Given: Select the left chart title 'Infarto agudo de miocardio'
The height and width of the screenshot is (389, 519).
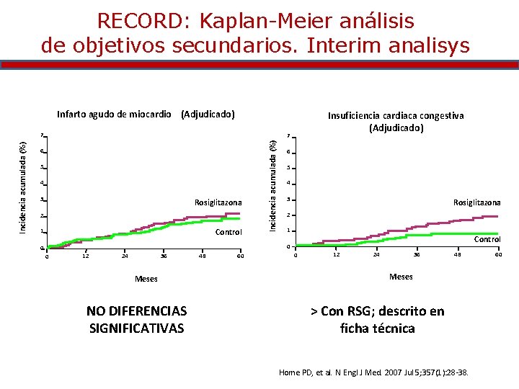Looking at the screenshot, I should [114, 114].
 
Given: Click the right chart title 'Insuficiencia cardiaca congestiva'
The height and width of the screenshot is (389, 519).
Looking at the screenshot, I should [396, 115].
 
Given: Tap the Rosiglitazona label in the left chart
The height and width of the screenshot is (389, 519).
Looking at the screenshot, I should [218, 202].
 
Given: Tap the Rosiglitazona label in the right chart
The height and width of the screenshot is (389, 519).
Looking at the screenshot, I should [476, 202].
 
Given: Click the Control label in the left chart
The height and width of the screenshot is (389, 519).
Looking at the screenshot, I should [229, 232].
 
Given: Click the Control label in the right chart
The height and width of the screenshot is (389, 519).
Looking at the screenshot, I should [487, 239].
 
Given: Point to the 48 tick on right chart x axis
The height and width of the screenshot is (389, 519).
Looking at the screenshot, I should [456, 254].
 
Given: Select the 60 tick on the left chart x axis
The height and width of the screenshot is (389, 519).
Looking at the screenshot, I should [240, 256].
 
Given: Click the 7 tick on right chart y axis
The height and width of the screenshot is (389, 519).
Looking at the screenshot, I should [288, 136].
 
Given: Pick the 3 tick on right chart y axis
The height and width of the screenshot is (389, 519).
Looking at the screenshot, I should [288, 200].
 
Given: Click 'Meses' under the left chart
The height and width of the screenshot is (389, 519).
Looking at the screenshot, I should [146, 279].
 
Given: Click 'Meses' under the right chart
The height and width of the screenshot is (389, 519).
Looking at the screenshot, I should [401, 277].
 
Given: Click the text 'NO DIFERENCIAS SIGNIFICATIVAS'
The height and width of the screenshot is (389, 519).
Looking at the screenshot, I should [136, 320].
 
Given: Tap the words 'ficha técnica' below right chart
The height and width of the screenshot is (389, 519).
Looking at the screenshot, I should [377, 328].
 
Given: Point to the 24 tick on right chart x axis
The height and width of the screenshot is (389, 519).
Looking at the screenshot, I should [376, 254].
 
